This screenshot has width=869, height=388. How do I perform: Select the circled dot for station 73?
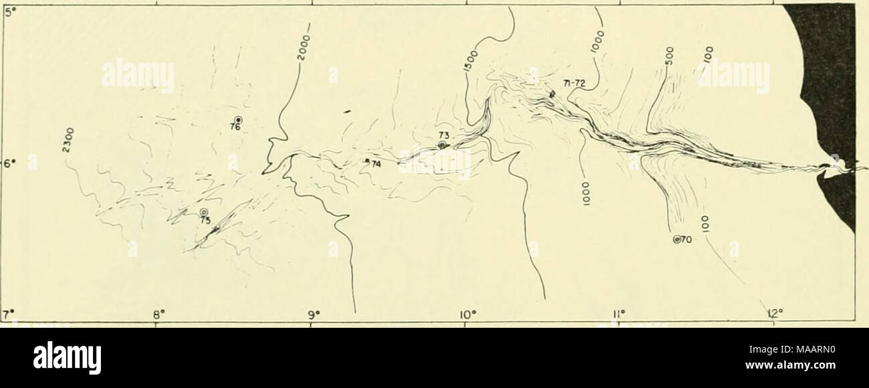442,145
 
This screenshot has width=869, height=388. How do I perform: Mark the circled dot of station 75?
204,212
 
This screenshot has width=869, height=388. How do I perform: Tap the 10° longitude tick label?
467,312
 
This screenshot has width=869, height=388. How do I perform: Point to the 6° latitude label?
8,163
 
